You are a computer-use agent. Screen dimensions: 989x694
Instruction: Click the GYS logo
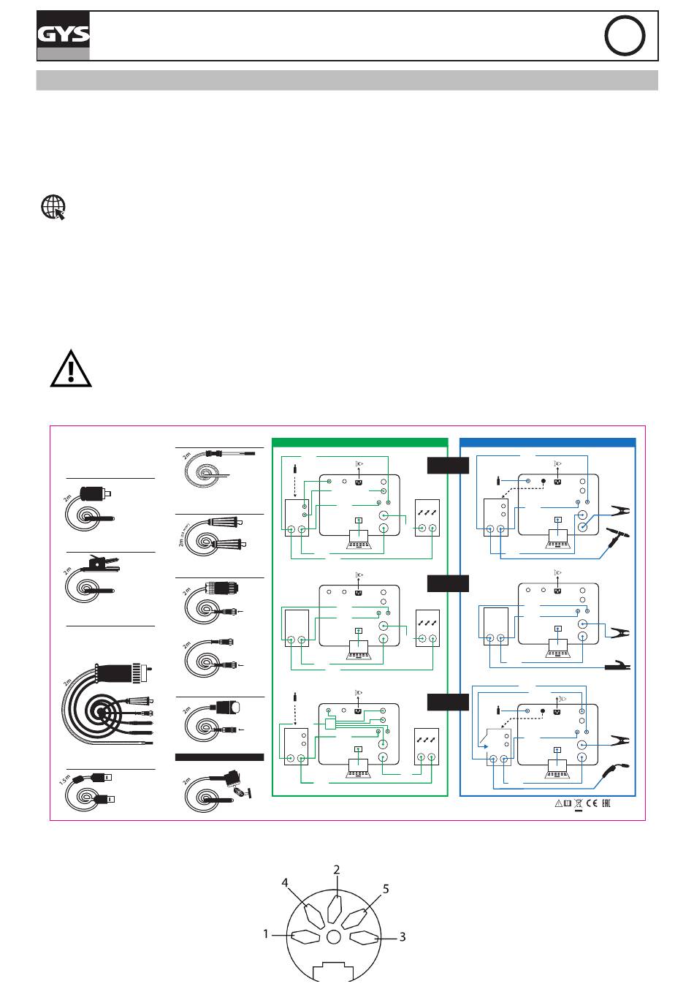click(x=64, y=35)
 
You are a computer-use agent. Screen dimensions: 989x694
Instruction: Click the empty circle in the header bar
click(x=625, y=36)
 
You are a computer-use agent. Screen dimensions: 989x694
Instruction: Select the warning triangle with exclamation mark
click(x=70, y=368)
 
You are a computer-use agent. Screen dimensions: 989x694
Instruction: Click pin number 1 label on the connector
click(x=267, y=933)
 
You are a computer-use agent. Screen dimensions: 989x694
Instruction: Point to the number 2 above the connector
click(x=337, y=870)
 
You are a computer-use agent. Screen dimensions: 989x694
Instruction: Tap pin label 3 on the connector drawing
click(x=403, y=936)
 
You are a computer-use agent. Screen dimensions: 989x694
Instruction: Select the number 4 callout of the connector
click(x=286, y=883)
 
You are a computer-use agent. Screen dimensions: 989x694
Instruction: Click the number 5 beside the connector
click(x=386, y=890)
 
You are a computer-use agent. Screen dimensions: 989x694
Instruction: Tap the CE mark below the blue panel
click(x=592, y=804)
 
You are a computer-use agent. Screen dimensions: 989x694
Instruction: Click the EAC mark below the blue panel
click(x=605, y=804)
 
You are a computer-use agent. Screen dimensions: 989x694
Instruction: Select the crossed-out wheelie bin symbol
click(x=578, y=805)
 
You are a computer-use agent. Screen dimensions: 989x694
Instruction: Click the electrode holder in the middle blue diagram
click(x=616, y=667)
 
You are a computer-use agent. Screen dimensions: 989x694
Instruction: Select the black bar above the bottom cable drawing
click(x=219, y=757)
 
